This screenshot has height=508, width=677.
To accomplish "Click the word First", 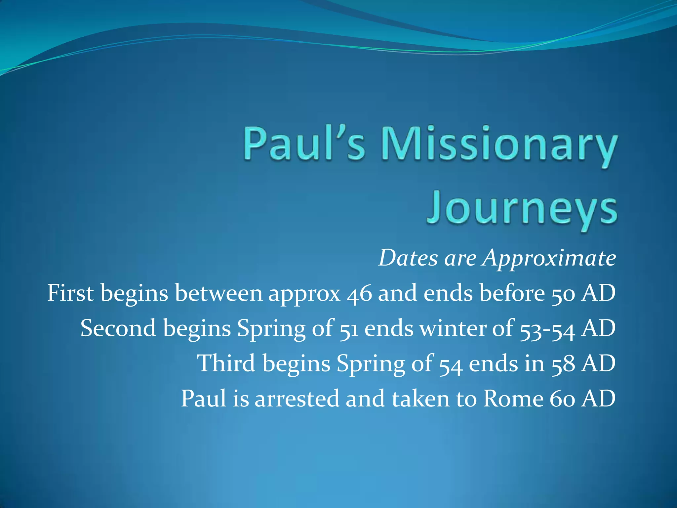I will pyautogui.click(x=70, y=293).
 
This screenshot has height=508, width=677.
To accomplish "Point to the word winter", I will pyautogui.click(x=453, y=328).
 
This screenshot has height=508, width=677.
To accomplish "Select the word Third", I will pyautogui.click(x=226, y=363).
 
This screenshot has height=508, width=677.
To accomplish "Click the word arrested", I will pyautogui.click(x=297, y=399).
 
